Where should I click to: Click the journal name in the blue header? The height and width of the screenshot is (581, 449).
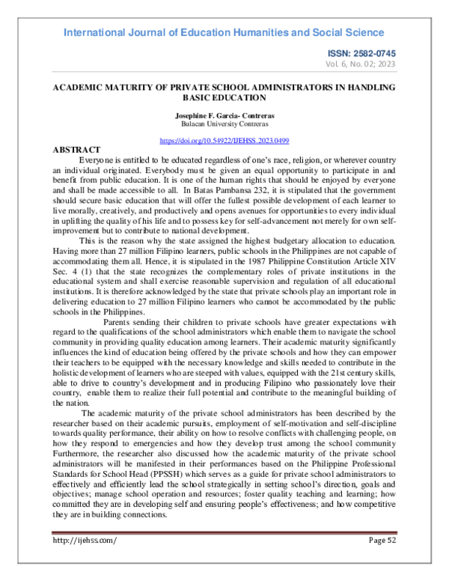pyautogui.click(x=224, y=32)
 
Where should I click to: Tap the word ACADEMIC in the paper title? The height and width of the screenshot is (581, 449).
pyautogui.click(x=79, y=88)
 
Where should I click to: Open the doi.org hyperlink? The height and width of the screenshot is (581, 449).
pyautogui.click(x=225, y=141)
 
